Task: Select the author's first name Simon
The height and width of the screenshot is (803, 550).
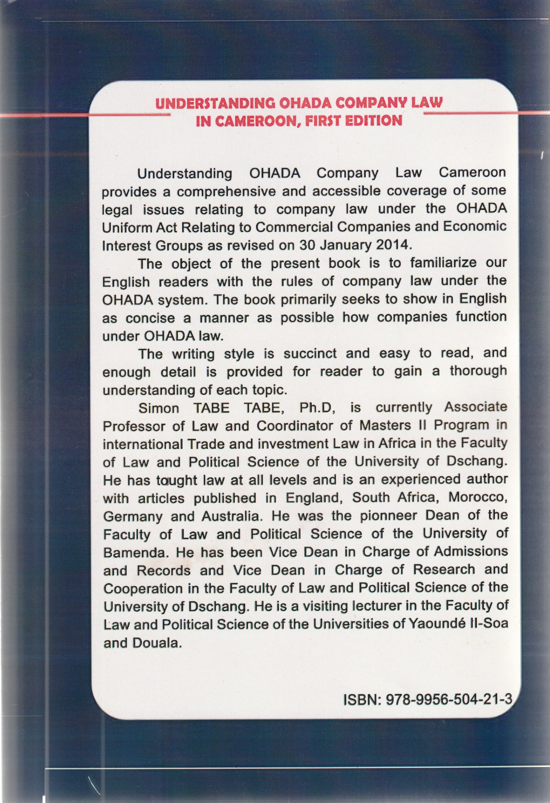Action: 159,408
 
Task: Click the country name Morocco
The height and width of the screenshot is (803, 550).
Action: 477,497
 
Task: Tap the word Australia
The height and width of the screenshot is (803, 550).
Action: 231,516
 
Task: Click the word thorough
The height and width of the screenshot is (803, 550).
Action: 478,371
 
